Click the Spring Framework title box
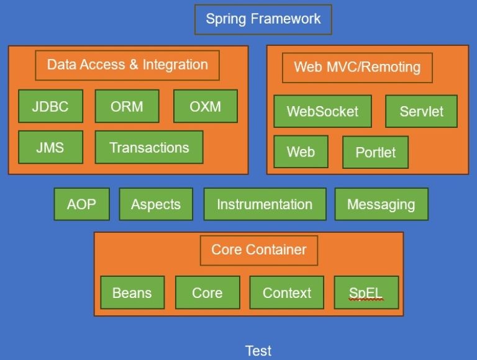[x=263, y=19]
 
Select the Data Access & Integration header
[x=127, y=65]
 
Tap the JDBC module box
[x=50, y=106]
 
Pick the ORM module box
[x=127, y=106]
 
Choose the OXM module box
[x=205, y=106]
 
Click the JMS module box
[x=50, y=148]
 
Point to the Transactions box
[x=149, y=148]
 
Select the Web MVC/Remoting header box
[x=357, y=68]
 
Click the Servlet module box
[x=422, y=112]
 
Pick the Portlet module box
[x=375, y=153]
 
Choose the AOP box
[x=82, y=204]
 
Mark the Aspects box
[x=156, y=204]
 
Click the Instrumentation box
[x=265, y=204]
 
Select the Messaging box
[x=381, y=204]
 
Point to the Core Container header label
[x=258, y=250]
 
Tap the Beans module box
[x=132, y=292]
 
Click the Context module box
[x=287, y=292]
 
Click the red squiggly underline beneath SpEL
[x=366, y=300]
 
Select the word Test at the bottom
[x=258, y=351]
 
